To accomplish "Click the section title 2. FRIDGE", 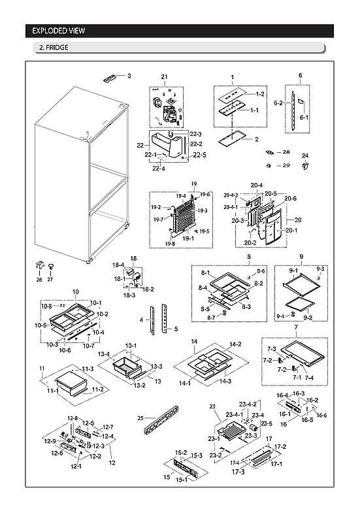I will (54, 48).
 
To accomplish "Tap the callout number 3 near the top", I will (129, 76).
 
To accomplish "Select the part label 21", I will (165, 78).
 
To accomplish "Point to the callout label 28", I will (286, 152).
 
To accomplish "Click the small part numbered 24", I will (304, 166).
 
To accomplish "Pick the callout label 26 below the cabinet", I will (39, 280).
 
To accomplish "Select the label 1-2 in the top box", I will (259, 95).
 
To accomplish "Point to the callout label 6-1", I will (303, 118).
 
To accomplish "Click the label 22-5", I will (199, 155).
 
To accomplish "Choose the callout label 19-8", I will (170, 244).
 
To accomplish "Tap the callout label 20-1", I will (291, 230).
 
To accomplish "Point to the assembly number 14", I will (194, 342).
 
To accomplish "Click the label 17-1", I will (276, 464).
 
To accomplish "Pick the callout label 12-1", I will (77, 466).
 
